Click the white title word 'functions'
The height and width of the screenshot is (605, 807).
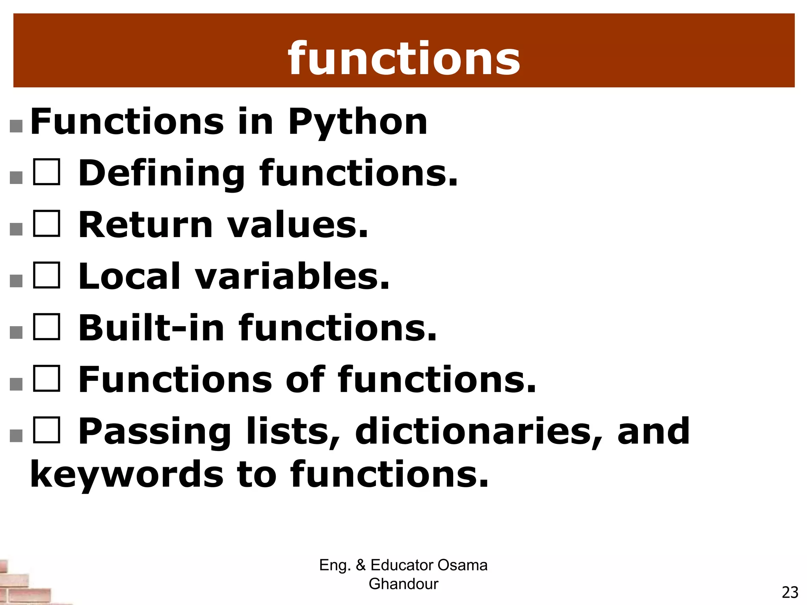pyautogui.click(x=404, y=59)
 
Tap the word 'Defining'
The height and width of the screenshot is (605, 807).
pyautogui.click(x=162, y=174)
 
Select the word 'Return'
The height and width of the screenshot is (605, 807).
pyautogui.click(x=146, y=225)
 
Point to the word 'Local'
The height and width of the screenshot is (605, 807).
pyautogui.click(x=130, y=277)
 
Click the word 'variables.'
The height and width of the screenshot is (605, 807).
pyautogui.click(x=293, y=277)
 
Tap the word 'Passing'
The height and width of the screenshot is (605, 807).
pyautogui.click(x=155, y=432)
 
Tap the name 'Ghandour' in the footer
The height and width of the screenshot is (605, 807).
pyautogui.click(x=403, y=584)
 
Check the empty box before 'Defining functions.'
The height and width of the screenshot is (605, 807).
pyautogui.click(x=46, y=172)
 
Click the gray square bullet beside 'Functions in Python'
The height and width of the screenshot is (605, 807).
pyautogui.click(x=16, y=126)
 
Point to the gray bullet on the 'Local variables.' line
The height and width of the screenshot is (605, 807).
pyautogui.click(x=16, y=281)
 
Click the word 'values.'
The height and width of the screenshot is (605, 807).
pyautogui.click(x=298, y=225)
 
